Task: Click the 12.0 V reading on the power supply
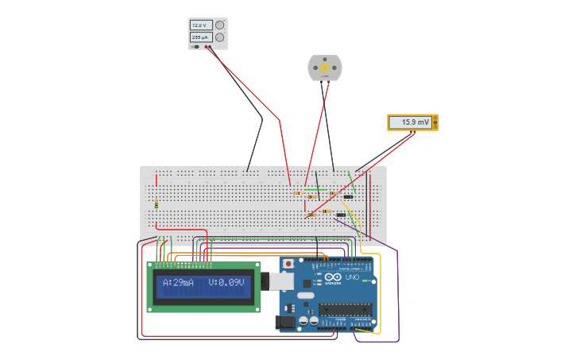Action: tap(200, 25)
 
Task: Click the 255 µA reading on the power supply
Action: tap(200, 37)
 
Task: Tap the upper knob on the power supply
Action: tap(219, 25)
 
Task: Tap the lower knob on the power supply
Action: tap(219, 37)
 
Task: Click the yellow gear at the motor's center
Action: tap(325, 69)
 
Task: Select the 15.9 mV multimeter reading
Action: tap(414, 122)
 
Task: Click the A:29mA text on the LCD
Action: tap(178, 283)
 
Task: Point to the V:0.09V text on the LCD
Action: tap(226, 283)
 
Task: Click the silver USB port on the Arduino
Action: tap(280, 281)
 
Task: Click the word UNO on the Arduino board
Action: tap(352, 277)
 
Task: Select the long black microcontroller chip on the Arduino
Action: tap(346, 309)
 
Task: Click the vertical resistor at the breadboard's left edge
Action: tap(157, 204)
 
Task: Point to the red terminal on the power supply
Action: tap(209, 47)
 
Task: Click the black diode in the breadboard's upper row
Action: tap(348, 196)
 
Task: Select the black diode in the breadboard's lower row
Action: tap(341, 215)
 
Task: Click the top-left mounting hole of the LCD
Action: tap(150, 265)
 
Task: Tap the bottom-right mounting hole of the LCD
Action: tap(257, 308)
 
